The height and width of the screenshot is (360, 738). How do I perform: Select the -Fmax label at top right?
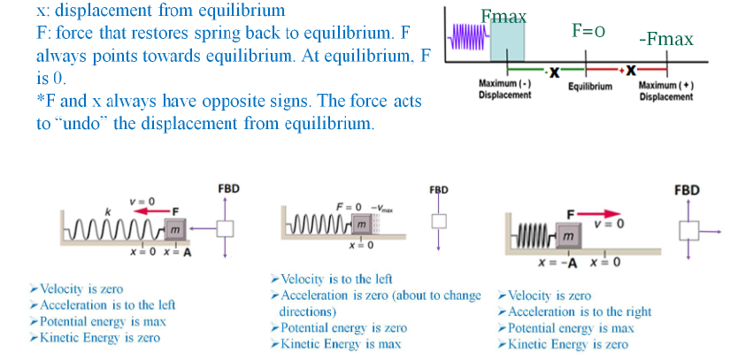[665, 40]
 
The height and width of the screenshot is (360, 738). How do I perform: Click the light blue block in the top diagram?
[508, 42]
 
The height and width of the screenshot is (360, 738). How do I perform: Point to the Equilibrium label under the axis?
[590, 88]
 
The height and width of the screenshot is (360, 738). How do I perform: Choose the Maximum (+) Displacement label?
[665, 90]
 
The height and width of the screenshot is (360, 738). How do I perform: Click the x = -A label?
[558, 262]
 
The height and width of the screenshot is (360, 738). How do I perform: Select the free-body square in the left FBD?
[227, 229]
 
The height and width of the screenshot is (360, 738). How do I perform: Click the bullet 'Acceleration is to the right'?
[580, 311]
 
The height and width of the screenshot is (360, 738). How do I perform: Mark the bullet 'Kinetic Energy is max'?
[342, 343]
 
